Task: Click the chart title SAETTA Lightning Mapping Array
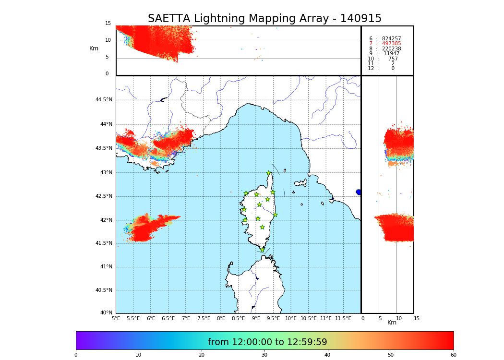264,19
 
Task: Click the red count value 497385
391,44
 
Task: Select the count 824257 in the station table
391,39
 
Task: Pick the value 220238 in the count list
391,49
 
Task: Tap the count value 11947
391,54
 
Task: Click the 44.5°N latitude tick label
104,100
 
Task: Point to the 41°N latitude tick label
106,267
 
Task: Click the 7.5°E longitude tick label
204,318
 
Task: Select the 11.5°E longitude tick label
343,318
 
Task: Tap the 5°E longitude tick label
116,318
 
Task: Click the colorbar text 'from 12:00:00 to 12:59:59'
267,342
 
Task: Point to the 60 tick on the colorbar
453,355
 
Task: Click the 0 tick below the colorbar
76,355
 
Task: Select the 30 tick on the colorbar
264,355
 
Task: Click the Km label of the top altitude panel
94,48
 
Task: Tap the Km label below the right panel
392,323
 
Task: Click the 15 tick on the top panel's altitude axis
108,24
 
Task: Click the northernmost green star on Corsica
269,173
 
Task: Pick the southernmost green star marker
262,250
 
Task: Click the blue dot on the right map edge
359,192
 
